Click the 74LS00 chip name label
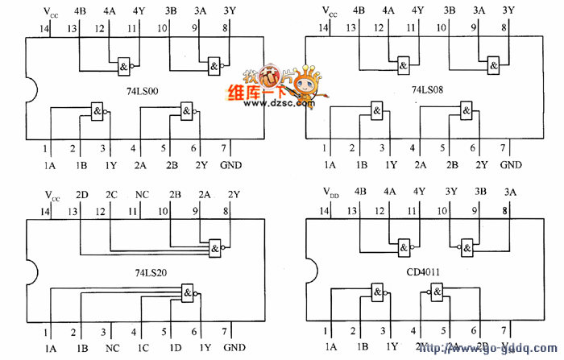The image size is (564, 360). (142, 91)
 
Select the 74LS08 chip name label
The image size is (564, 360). (428, 91)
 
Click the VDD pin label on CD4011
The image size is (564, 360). (330, 193)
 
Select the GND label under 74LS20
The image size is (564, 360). (234, 348)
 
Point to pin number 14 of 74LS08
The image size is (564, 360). (323, 29)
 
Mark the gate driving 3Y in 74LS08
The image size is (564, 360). (493, 65)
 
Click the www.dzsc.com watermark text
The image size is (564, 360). (281, 103)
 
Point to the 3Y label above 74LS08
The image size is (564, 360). (508, 11)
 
